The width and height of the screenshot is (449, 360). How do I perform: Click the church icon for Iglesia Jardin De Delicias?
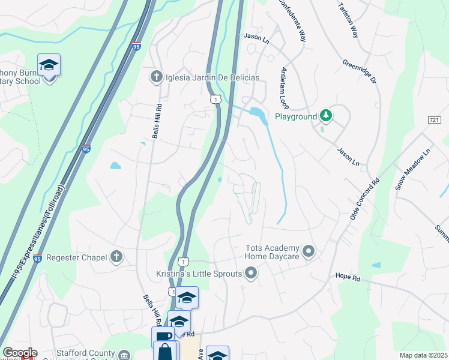coord(156,77)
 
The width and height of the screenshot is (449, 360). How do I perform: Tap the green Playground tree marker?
coord(325,115)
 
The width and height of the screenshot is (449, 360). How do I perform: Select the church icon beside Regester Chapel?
coord(116,257)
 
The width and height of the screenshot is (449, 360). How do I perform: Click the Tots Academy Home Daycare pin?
coord(309,251)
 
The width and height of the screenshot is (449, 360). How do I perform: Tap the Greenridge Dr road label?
coord(359,71)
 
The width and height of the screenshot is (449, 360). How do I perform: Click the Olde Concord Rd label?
coord(361,198)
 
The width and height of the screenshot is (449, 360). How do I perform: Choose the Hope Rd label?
coord(347,278)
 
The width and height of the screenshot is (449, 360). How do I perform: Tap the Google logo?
coord(20,353)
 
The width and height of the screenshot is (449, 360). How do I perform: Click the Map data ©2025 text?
coord(423,355)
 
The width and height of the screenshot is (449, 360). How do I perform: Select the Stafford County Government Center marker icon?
coord(124,355)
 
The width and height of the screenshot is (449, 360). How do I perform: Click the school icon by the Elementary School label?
coord(49,64)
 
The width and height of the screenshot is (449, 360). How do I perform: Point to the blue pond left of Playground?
coord(256,112)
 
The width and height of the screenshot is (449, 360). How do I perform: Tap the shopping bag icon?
coord(165,350)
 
